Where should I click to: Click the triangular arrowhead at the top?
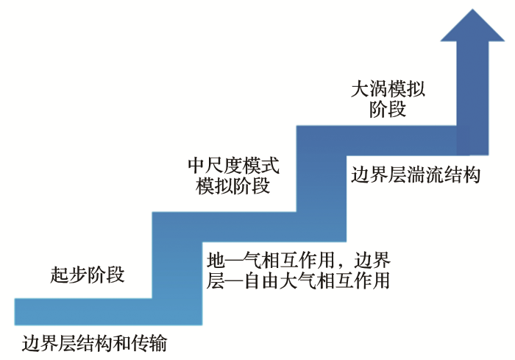click(472, 26)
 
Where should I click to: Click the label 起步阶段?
click(88, 274)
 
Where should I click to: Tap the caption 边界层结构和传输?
click(95, 344)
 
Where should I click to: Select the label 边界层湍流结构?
click(416, 174)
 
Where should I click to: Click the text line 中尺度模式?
click(233, 166)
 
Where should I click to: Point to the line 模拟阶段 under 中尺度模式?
click(233, 186)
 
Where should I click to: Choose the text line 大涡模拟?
click(388, 89)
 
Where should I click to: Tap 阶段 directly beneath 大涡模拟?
click(388, 110)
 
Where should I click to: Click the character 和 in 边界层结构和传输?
click(122, 344)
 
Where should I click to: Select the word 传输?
click(149, 344)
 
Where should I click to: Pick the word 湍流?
click(425, 174)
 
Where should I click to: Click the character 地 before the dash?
click(216, 260)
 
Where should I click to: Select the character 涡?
click(379, 89)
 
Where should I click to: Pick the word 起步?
click(68, 274)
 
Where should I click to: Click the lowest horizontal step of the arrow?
click(108, 311)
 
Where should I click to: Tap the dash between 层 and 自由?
click(234, 280)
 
